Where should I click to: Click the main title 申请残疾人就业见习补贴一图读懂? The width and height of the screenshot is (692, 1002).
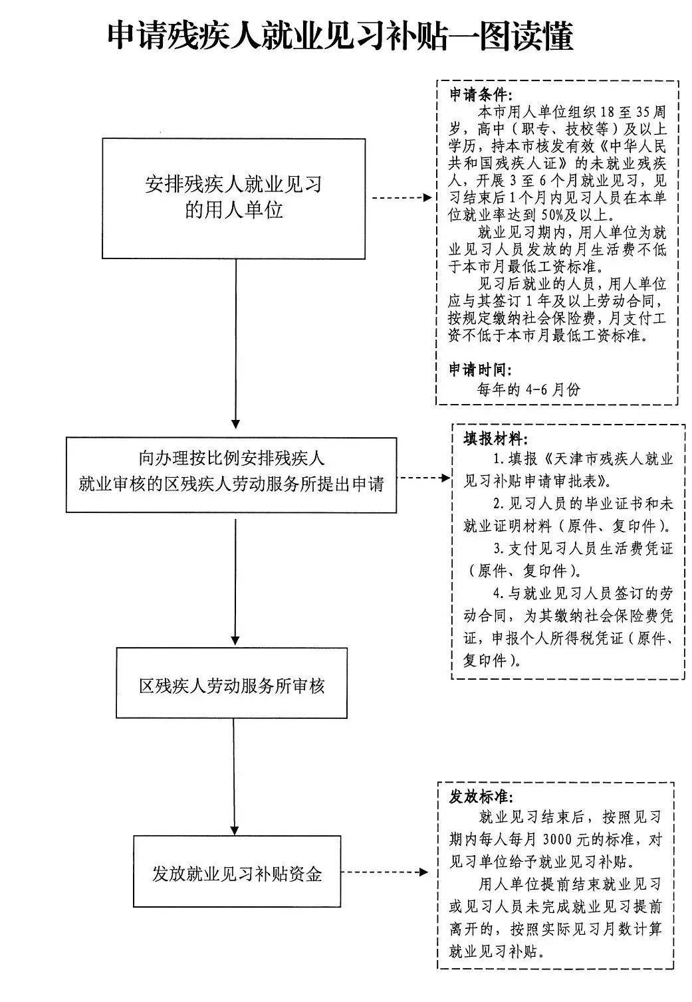point(340,37)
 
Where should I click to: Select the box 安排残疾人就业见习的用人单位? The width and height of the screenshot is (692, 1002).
point(233,198)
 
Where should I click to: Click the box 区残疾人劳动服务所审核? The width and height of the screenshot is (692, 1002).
point(231,682)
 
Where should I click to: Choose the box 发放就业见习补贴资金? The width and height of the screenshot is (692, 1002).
point(237,872)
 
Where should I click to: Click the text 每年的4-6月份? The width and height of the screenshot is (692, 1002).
point(528,389)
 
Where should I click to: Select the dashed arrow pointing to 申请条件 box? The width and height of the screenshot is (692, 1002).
point(401,198)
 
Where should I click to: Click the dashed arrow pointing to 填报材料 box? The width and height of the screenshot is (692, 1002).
point(425,477)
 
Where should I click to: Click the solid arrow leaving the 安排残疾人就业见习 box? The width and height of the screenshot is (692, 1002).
point(235,342)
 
